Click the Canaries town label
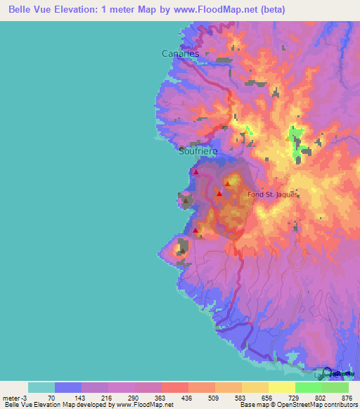[x=180, y=53]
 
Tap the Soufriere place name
[x=198, y=151]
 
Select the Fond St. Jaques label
[x=272, y=195]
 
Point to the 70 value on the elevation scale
[x=51, y=398]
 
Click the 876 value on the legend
[x=346, y=398]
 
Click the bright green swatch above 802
[x=309, y=387]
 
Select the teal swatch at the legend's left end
[x=41, y=387]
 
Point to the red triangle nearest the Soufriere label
[x=196, y=171]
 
